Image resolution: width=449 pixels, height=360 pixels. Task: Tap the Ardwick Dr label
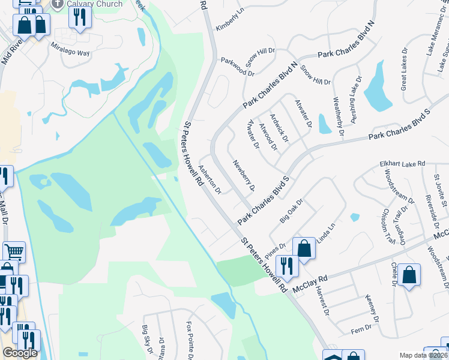coord(279,128)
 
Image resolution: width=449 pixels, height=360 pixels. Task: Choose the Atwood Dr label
coord(267,137)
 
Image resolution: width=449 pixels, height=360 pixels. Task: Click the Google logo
coord(20,353)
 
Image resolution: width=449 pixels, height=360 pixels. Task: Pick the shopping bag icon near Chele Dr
coord(409,275)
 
